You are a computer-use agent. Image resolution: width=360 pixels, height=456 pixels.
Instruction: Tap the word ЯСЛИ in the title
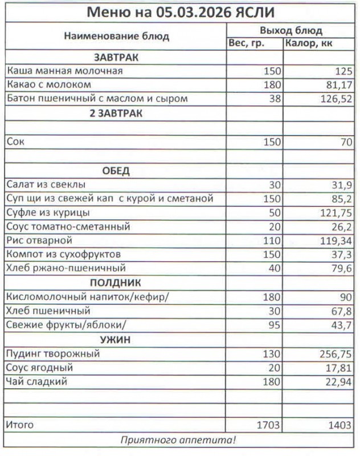pos(253,13)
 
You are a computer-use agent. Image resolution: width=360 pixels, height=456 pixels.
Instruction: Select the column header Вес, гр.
pos(246,43)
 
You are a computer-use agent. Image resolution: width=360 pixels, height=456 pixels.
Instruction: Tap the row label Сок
pos(15,142)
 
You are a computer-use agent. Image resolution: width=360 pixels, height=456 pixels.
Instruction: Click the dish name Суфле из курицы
pos(48,213)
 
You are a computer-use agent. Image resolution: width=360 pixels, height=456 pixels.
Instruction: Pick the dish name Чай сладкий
pos(36,382)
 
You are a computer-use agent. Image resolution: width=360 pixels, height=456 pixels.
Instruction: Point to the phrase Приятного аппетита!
pos(179,440)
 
